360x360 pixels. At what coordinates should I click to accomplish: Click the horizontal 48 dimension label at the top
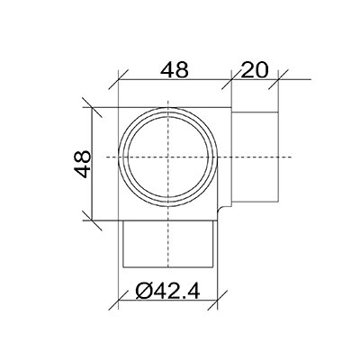[175, 70]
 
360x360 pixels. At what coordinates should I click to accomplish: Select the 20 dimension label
[254, 70]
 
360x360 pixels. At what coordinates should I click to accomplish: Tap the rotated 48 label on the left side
[82, 164]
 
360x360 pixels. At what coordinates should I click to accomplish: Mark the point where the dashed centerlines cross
[167, 157]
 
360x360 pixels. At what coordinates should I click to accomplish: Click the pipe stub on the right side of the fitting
[256, 157]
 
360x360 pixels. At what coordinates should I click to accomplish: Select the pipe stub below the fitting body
[168, 244]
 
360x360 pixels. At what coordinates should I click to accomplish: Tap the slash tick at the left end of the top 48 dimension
[119, 79]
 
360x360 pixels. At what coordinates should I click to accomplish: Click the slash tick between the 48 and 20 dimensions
[231, 79]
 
